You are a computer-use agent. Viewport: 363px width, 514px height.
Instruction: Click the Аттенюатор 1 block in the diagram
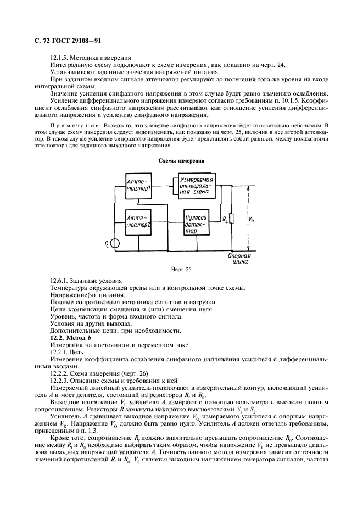(x=138, y=186)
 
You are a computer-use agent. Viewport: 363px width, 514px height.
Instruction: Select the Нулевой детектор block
(x=196, y=224)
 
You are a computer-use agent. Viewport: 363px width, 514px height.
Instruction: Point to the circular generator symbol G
(x=115, y=244)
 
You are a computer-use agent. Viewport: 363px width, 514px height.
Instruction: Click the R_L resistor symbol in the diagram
(x=231, y=220)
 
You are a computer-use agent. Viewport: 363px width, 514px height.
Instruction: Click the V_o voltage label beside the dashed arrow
(x=252, y=220)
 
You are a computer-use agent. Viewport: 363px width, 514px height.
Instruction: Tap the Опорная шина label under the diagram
(x=239, y=259)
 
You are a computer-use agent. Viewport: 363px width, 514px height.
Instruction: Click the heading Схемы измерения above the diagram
(x=181, y=161)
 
